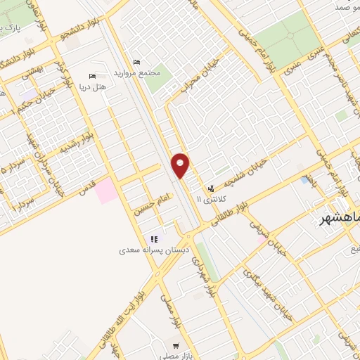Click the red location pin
(180, 165)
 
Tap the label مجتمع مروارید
(147, 72)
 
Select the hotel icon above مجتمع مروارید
(136, 63)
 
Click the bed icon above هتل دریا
(91, 77)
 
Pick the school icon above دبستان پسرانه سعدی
(154, 239)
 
